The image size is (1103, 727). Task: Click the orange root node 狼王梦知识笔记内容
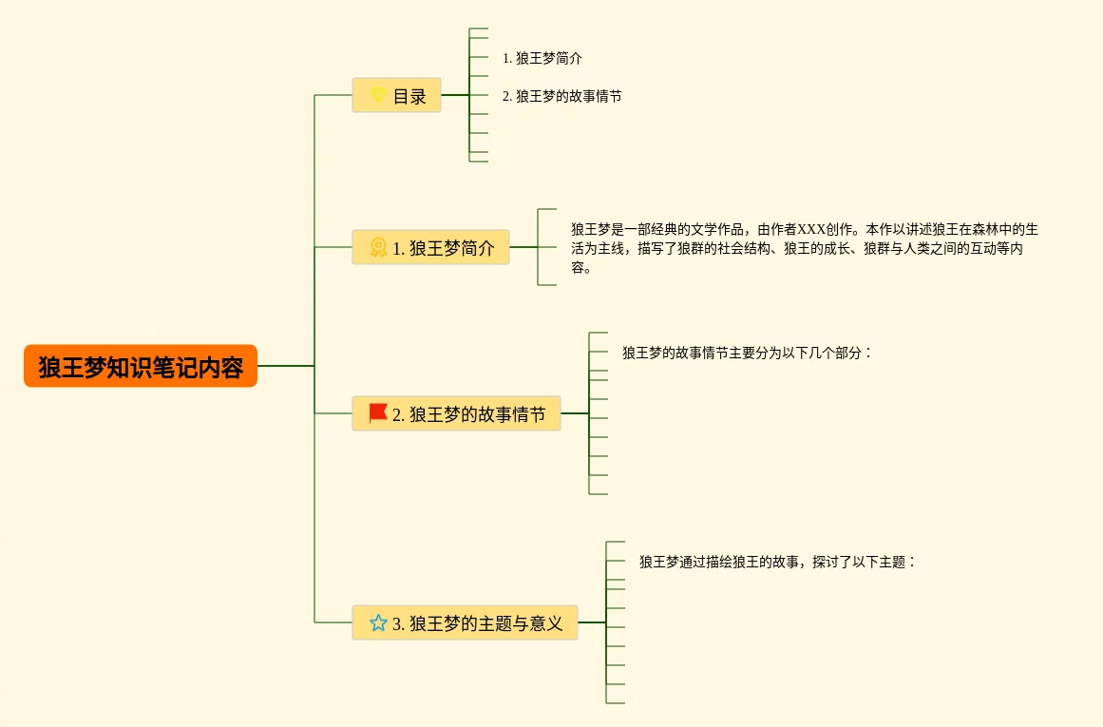141,366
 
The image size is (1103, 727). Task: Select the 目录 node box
396,95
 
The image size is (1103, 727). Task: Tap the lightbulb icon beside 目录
378,95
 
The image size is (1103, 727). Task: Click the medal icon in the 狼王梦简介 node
378,248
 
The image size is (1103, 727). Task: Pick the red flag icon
378,413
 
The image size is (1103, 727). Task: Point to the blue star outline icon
378,623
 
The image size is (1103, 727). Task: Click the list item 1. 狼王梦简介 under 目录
542,58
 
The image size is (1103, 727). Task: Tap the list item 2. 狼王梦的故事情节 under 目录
562,96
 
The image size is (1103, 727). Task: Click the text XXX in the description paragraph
812,229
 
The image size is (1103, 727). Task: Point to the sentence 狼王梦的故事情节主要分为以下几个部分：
747,353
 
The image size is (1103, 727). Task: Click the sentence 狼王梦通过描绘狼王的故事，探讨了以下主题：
777,562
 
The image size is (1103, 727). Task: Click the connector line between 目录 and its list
455,95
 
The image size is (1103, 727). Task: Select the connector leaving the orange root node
285,366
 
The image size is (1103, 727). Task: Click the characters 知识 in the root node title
119,367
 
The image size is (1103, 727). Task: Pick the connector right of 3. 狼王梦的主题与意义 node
591,622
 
